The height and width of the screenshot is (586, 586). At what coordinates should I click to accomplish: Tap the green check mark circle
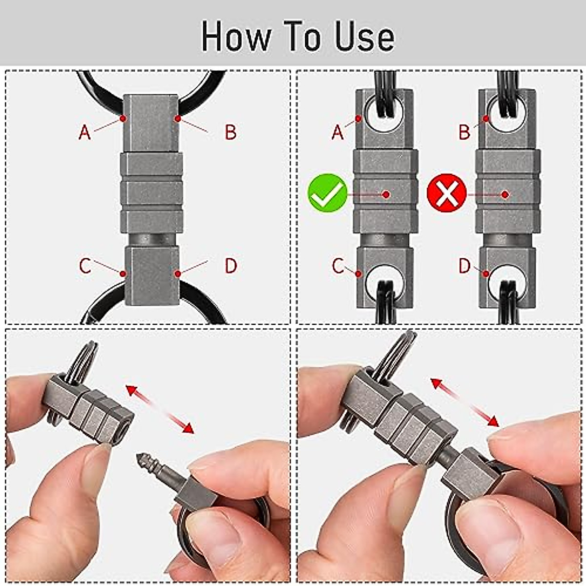pos(328,193)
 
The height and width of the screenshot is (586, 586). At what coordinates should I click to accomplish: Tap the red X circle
pos(446,193)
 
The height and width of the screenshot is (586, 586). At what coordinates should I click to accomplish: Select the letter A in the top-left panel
pos(85,132)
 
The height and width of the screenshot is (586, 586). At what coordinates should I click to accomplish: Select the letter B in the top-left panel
pos(230,132)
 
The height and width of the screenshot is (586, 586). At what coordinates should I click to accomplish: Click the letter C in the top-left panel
pos(85,266)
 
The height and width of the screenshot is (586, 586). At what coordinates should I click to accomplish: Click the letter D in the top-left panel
pos(230,266)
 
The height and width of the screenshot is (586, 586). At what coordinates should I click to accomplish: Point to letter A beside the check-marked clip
pos(337,132)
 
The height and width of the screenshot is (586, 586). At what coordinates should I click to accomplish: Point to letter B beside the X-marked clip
pos(464,132)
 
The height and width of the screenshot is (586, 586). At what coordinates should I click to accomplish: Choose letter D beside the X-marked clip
pos(464,266)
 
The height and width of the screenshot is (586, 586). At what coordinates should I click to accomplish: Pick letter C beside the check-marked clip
pos(337,266)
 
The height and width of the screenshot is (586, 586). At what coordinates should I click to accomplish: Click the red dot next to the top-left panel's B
pos(178,119)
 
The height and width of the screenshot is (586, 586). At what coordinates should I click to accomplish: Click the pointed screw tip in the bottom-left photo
pos(142,459)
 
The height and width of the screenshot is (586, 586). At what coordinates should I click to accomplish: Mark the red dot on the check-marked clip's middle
pos(386,194)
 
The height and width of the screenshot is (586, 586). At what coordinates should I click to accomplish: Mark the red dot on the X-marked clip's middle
pos(505,194)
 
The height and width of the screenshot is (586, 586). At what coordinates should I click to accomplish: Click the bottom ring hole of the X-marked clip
pos(508,281)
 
